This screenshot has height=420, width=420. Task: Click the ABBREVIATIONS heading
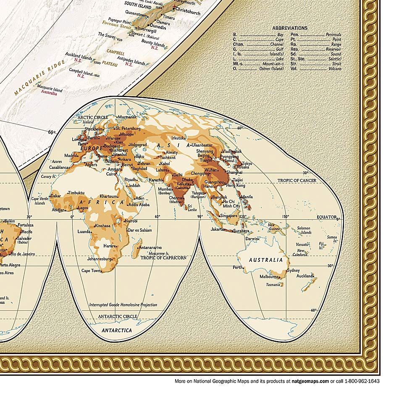click(290, 28)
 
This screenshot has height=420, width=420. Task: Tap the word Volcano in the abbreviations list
click(333, 68)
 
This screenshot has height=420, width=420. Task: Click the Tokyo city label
click(247, 163)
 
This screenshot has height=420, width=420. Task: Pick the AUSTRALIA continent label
click(266, 260)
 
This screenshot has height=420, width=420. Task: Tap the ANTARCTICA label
click(117, 330)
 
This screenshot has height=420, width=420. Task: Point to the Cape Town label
click(91, 270)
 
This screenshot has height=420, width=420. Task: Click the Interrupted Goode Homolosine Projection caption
click(123, 305)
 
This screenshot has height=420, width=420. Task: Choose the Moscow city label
click(126, 134)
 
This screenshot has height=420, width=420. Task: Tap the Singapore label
click(229, 215)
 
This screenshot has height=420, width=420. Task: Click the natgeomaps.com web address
click(310, 381)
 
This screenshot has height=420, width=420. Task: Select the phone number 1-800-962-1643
click(362, 381)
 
